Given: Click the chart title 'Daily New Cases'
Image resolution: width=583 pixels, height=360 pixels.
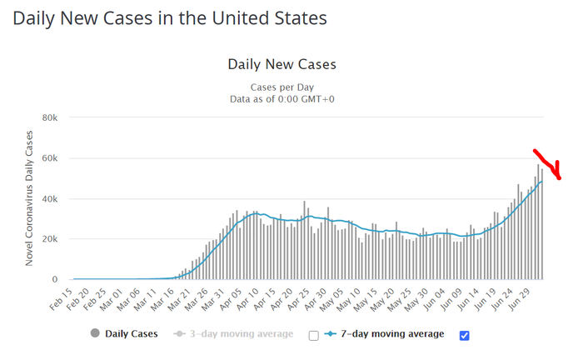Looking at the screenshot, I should pos(282,64).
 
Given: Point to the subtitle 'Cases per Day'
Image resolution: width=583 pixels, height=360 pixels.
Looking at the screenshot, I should pos(282,87).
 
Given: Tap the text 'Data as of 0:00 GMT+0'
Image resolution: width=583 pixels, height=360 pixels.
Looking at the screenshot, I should pos(282,99).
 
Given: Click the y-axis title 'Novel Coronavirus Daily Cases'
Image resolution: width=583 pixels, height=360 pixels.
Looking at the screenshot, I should pos(29,198).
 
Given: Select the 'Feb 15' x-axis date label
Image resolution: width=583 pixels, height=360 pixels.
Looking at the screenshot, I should pos(65,298).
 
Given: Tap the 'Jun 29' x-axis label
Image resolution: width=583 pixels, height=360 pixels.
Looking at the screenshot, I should pos(531,298).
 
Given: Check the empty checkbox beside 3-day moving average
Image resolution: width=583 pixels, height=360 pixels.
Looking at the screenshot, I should pos(313,335).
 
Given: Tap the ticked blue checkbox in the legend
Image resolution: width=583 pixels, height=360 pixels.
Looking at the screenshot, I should pos(465,335).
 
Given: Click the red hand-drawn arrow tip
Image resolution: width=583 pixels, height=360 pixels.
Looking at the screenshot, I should pos(559,177).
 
